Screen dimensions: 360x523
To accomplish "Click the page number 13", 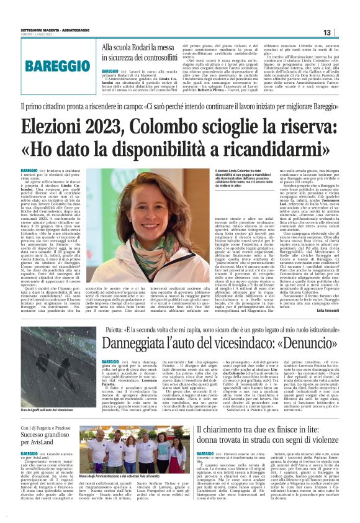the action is (343, 32).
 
